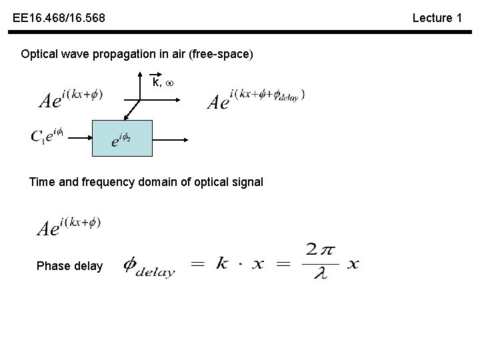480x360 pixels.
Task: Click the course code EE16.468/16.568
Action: pyautogui.click(x=59, y=18)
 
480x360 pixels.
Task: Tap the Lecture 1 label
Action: pyautogui.click(x=437, y=18)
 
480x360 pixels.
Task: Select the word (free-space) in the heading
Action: pyautogui.click(x=221, y=54)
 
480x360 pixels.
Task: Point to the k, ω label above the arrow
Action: pyautogui.click(x=162, y=83)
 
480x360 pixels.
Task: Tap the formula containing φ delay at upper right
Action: pyautogui.click(x=256, y=98)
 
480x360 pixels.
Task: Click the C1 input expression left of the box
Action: pyautogui.click(x=47, y=137)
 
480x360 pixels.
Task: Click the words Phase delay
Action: pyautogui.click(x=70, y=266)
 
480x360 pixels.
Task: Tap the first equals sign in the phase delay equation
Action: pyautogui.click(x=198, y=264)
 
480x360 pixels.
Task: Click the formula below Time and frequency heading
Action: pyautogui.click(x=69, y=227)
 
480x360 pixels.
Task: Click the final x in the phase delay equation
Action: pyautogui.click(x=353, y=264)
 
